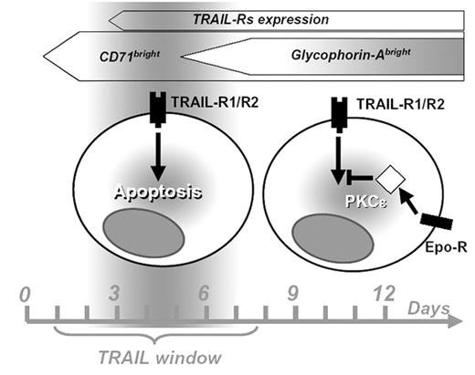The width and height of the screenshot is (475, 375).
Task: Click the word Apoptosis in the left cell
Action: tap(157, 193)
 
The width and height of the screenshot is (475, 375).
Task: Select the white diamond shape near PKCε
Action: tap(389, 177)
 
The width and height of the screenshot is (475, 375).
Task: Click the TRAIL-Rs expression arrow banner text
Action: tap(260, 18)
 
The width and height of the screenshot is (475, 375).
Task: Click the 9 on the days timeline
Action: tap(292, 294)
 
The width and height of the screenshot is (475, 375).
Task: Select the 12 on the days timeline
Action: tap(384, 294)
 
